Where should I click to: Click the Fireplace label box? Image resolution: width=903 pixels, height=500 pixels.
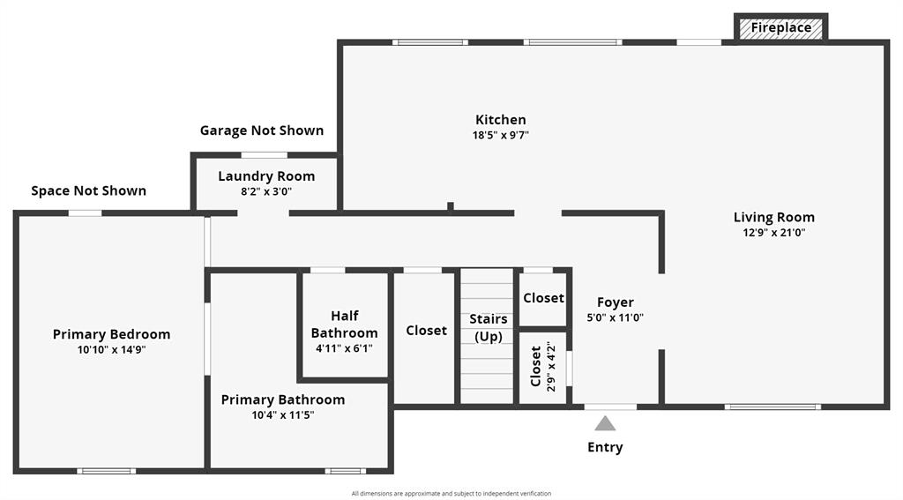pyautogui.click(x=780, y=28)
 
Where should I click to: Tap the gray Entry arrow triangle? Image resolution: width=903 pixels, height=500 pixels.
pyautogui.click(x=605, y=423)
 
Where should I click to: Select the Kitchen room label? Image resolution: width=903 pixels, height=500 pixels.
pyautogui.click(x=501, y=120)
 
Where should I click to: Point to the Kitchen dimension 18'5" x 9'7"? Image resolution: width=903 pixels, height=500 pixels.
pyautogui.click(x=501, y=136)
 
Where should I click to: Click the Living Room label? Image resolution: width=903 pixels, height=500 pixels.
pyautogui.click(x=774, y=217)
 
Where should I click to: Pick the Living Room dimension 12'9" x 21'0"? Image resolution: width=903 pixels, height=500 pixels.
pyautogui.click(x=774, y=233)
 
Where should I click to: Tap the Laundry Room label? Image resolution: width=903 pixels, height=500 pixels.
pyautogui.click(x=266, y=176)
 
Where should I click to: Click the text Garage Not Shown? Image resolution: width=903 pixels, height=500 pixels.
pyautogui.click(x=262, y=131)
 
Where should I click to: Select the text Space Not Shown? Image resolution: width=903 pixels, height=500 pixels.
pyautogui.click(x=89, y=190)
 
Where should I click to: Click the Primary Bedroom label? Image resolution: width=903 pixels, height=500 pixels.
pyautogui.click(x=111, y=334)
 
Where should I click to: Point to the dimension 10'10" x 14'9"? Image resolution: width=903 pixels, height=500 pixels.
pyautogui.click(x=111, y=350)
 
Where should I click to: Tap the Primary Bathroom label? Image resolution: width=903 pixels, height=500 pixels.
pyautogui.click(x=283, y=399)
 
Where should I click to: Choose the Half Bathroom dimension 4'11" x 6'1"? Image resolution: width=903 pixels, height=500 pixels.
pyautogui.click(x=345, y=348)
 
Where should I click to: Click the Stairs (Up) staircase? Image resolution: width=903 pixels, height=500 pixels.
pyautogui.click(x=488, y=335)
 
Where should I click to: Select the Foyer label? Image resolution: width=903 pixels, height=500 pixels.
pyautogui.click(x=616, y=302)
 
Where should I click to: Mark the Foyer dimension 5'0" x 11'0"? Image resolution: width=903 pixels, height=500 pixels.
pyautogui.click(x=616, y=317)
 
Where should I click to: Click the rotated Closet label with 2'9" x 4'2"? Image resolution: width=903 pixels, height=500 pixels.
pyautogui.click(x=536, y=366)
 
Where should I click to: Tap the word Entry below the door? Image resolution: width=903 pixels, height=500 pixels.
pyautogui.click(x=605, y=447)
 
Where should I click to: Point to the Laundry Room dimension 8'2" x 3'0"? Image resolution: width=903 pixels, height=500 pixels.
pyautogui.click(x=266, y=191)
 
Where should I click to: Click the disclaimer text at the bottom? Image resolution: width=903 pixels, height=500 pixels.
pyautogui.click(x=451, y=494)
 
